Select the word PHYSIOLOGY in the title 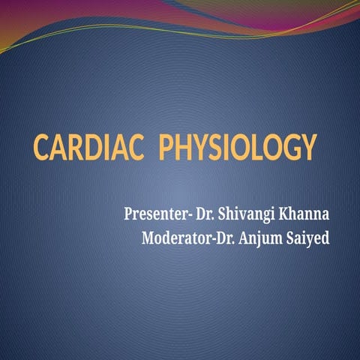pyautogui.click(x=238, y=147)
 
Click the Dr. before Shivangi pyautogui.click(x=207, y=214)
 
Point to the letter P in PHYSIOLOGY pyautogui.click(x=169, y=147)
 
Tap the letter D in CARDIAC pyautogui.click(x=99, y=147)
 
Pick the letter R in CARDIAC pyautogui.click(x=81, y=147)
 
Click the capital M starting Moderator pyautogui.click(x=147, y=240)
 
